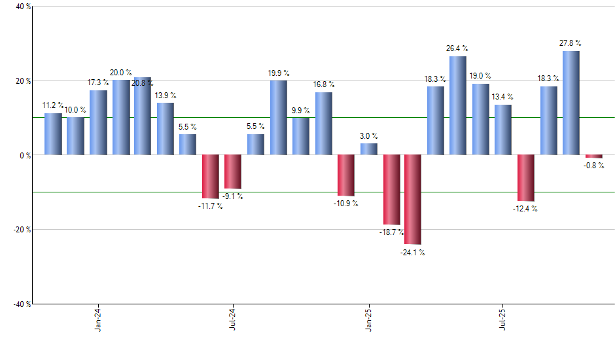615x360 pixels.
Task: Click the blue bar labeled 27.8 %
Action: [571, 103]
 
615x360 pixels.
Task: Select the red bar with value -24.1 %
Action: [413, 200]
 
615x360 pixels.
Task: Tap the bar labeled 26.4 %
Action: [458, 105]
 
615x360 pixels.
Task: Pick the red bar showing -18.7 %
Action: [391, 190]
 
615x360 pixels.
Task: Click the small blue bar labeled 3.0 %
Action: [369, 149]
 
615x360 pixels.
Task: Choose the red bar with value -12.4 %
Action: [526, 178]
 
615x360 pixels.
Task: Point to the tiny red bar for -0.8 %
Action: [593, 156]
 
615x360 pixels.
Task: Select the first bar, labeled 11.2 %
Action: [53, 134]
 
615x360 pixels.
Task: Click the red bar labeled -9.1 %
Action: [233, 171]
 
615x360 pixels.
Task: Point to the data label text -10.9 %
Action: [346, 204]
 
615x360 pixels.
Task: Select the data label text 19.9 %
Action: [278, 73]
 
